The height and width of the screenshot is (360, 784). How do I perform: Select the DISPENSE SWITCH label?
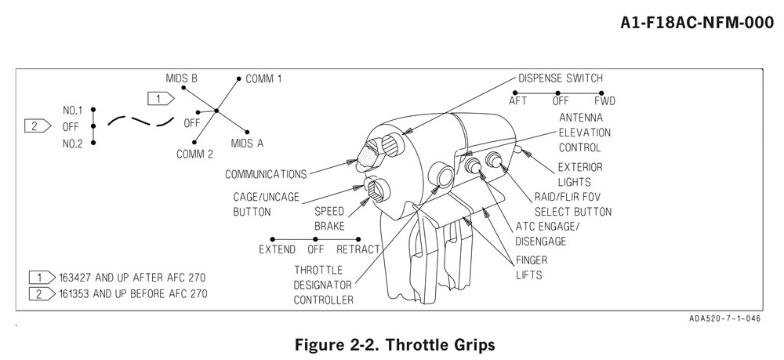(561, 78)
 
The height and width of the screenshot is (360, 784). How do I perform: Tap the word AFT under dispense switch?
(518, 101)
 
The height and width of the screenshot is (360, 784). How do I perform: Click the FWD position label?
(604, 101)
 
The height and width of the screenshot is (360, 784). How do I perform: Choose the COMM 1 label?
(263, 79)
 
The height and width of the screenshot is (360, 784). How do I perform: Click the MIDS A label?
(247, 143)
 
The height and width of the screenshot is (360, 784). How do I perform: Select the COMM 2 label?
(194, 155)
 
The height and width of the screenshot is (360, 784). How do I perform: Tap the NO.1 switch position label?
(74, 111)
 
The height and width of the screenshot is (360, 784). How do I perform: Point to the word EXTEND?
(278, 250)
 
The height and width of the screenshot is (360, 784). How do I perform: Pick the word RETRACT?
(358, 250)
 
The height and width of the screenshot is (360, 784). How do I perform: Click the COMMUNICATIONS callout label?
(266, 173)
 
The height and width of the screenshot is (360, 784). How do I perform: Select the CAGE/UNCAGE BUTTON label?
(266, 204)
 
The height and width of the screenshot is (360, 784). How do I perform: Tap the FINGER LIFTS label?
(531, 267)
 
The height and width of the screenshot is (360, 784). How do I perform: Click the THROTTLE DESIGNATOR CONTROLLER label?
(323, 284)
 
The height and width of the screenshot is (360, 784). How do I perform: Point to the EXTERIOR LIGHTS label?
(579, 174)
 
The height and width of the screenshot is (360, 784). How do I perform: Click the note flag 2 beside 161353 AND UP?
(37, 294)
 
